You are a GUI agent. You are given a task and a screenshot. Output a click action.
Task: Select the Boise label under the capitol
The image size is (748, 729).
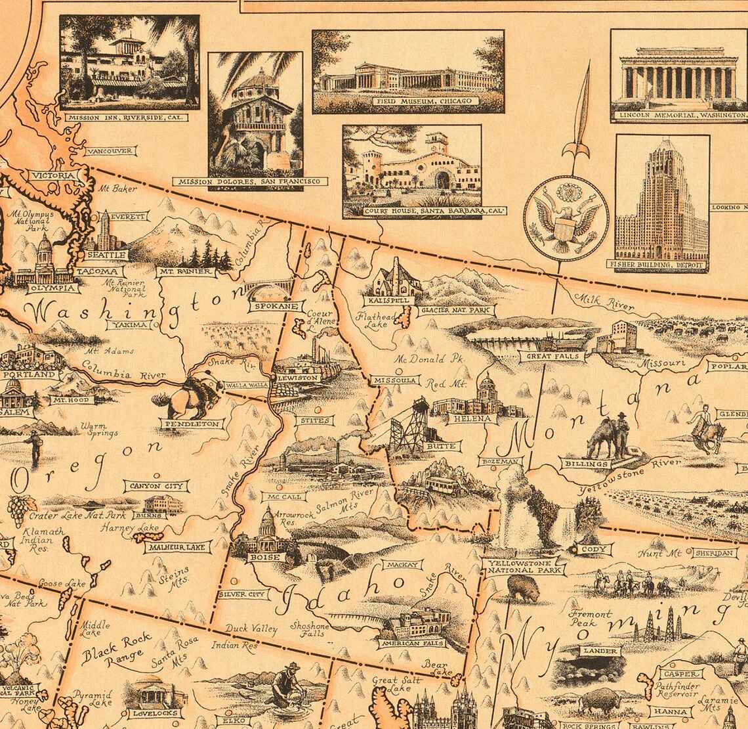pos(264,558)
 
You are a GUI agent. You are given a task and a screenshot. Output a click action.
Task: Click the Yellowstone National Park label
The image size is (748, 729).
pos(522,566)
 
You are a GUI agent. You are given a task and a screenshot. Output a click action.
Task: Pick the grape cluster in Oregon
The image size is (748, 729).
pos(18,509)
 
